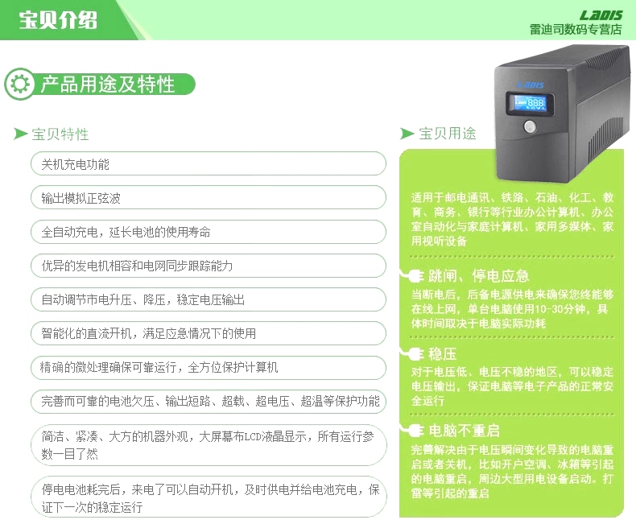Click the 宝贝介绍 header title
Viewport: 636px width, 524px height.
tap(58, 20)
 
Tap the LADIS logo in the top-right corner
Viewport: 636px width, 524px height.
tap(601, 15)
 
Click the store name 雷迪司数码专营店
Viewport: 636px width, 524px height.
tap(576, 30)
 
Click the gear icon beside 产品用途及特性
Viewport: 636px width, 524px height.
tap(20, 84)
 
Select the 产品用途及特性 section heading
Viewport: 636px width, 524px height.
tap(108, 85)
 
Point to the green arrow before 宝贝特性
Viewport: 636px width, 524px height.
tap(20, 134)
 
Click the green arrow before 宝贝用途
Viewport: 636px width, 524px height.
tap(407, 133)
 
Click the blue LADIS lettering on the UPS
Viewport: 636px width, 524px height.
tap(531, 85)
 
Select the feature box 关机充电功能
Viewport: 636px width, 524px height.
tap(208, 164)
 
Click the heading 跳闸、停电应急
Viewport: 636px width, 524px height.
tap(479, 276)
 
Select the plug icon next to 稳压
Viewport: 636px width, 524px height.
tap(412, 353)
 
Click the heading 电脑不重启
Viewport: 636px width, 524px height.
tap(464, 431)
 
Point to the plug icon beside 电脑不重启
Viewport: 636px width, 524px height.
tap(412, 430)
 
